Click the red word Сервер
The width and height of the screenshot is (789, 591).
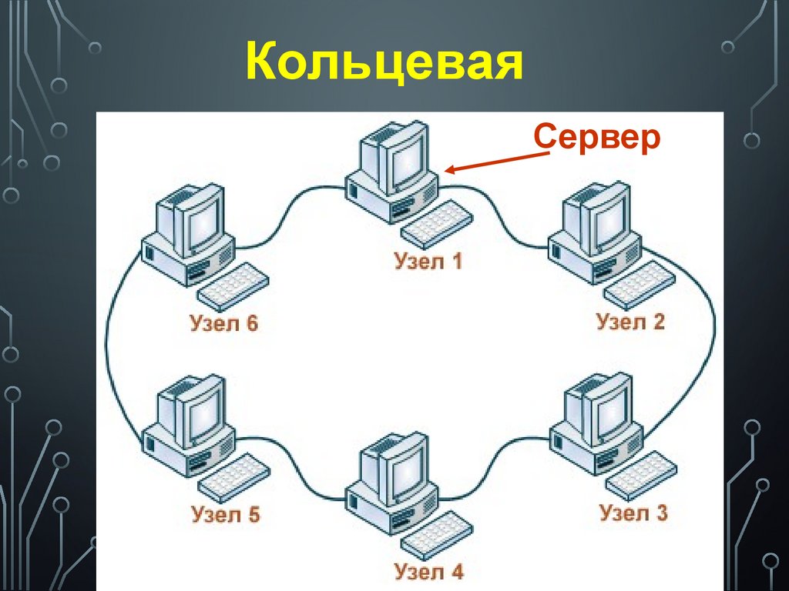pyautogui.click(x=598, y=138)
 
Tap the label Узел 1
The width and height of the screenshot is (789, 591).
pyautogui.click(x=428, y=262)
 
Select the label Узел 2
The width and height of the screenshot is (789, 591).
pyautogui.click(x=630, y=321)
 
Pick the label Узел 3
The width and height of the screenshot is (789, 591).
pyautogui.click(x=633, y=512)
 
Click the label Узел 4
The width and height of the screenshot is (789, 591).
pyautogui.click(x=428, y=572)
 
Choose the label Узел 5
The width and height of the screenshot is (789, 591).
pyautogui.click(x=225, y=513)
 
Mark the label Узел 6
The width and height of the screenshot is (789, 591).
pyautogui.click(x=223, y=322)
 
